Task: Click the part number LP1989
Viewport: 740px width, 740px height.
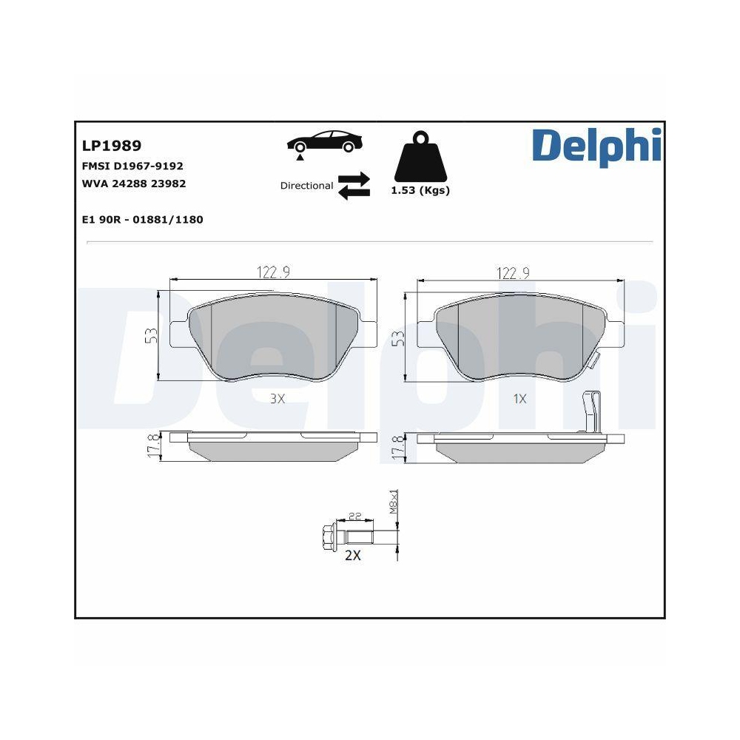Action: [110, 146]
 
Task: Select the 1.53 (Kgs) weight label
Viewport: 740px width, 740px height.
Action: [420, 190]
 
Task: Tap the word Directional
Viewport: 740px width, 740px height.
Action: [306, 186]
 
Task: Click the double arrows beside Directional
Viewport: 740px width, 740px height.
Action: [354, 186]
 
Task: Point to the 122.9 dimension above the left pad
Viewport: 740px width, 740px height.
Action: [273, 272]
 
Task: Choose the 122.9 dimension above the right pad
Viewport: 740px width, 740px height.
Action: [512, 272]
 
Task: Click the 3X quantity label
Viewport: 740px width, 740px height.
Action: [276, 399]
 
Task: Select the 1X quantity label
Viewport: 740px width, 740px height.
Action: [519, 399]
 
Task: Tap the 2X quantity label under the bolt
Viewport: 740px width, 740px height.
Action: [352, 555]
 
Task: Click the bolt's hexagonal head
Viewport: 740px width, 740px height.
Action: [326, 534]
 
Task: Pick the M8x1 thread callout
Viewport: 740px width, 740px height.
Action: [394, 503]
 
